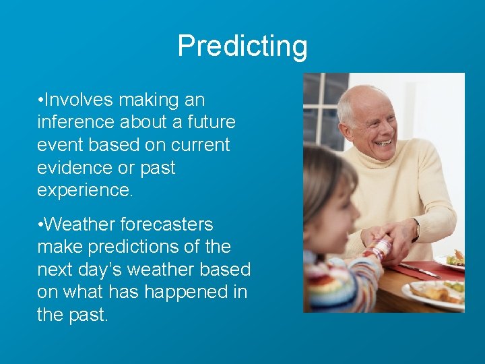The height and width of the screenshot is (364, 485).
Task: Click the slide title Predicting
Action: (x=243, y=46)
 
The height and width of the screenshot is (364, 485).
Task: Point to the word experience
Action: (x=85, y=190)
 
